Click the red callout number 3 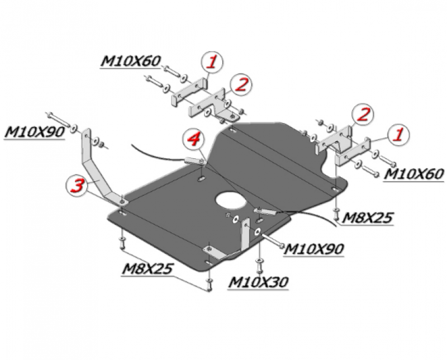coord(77,185)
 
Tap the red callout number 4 coord(193,140)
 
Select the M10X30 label coord(258,282)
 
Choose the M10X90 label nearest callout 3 coord(35,132)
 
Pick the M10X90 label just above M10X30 coord(313,249)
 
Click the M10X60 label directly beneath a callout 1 coord(413,174)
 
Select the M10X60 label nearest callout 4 coord(131,61)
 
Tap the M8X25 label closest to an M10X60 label coord(367,218)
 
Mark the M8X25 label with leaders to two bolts coord(148,268)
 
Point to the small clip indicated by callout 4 coord(196,161)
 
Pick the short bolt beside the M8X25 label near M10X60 coord(336,215)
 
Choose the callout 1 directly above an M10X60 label coord(398,134)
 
